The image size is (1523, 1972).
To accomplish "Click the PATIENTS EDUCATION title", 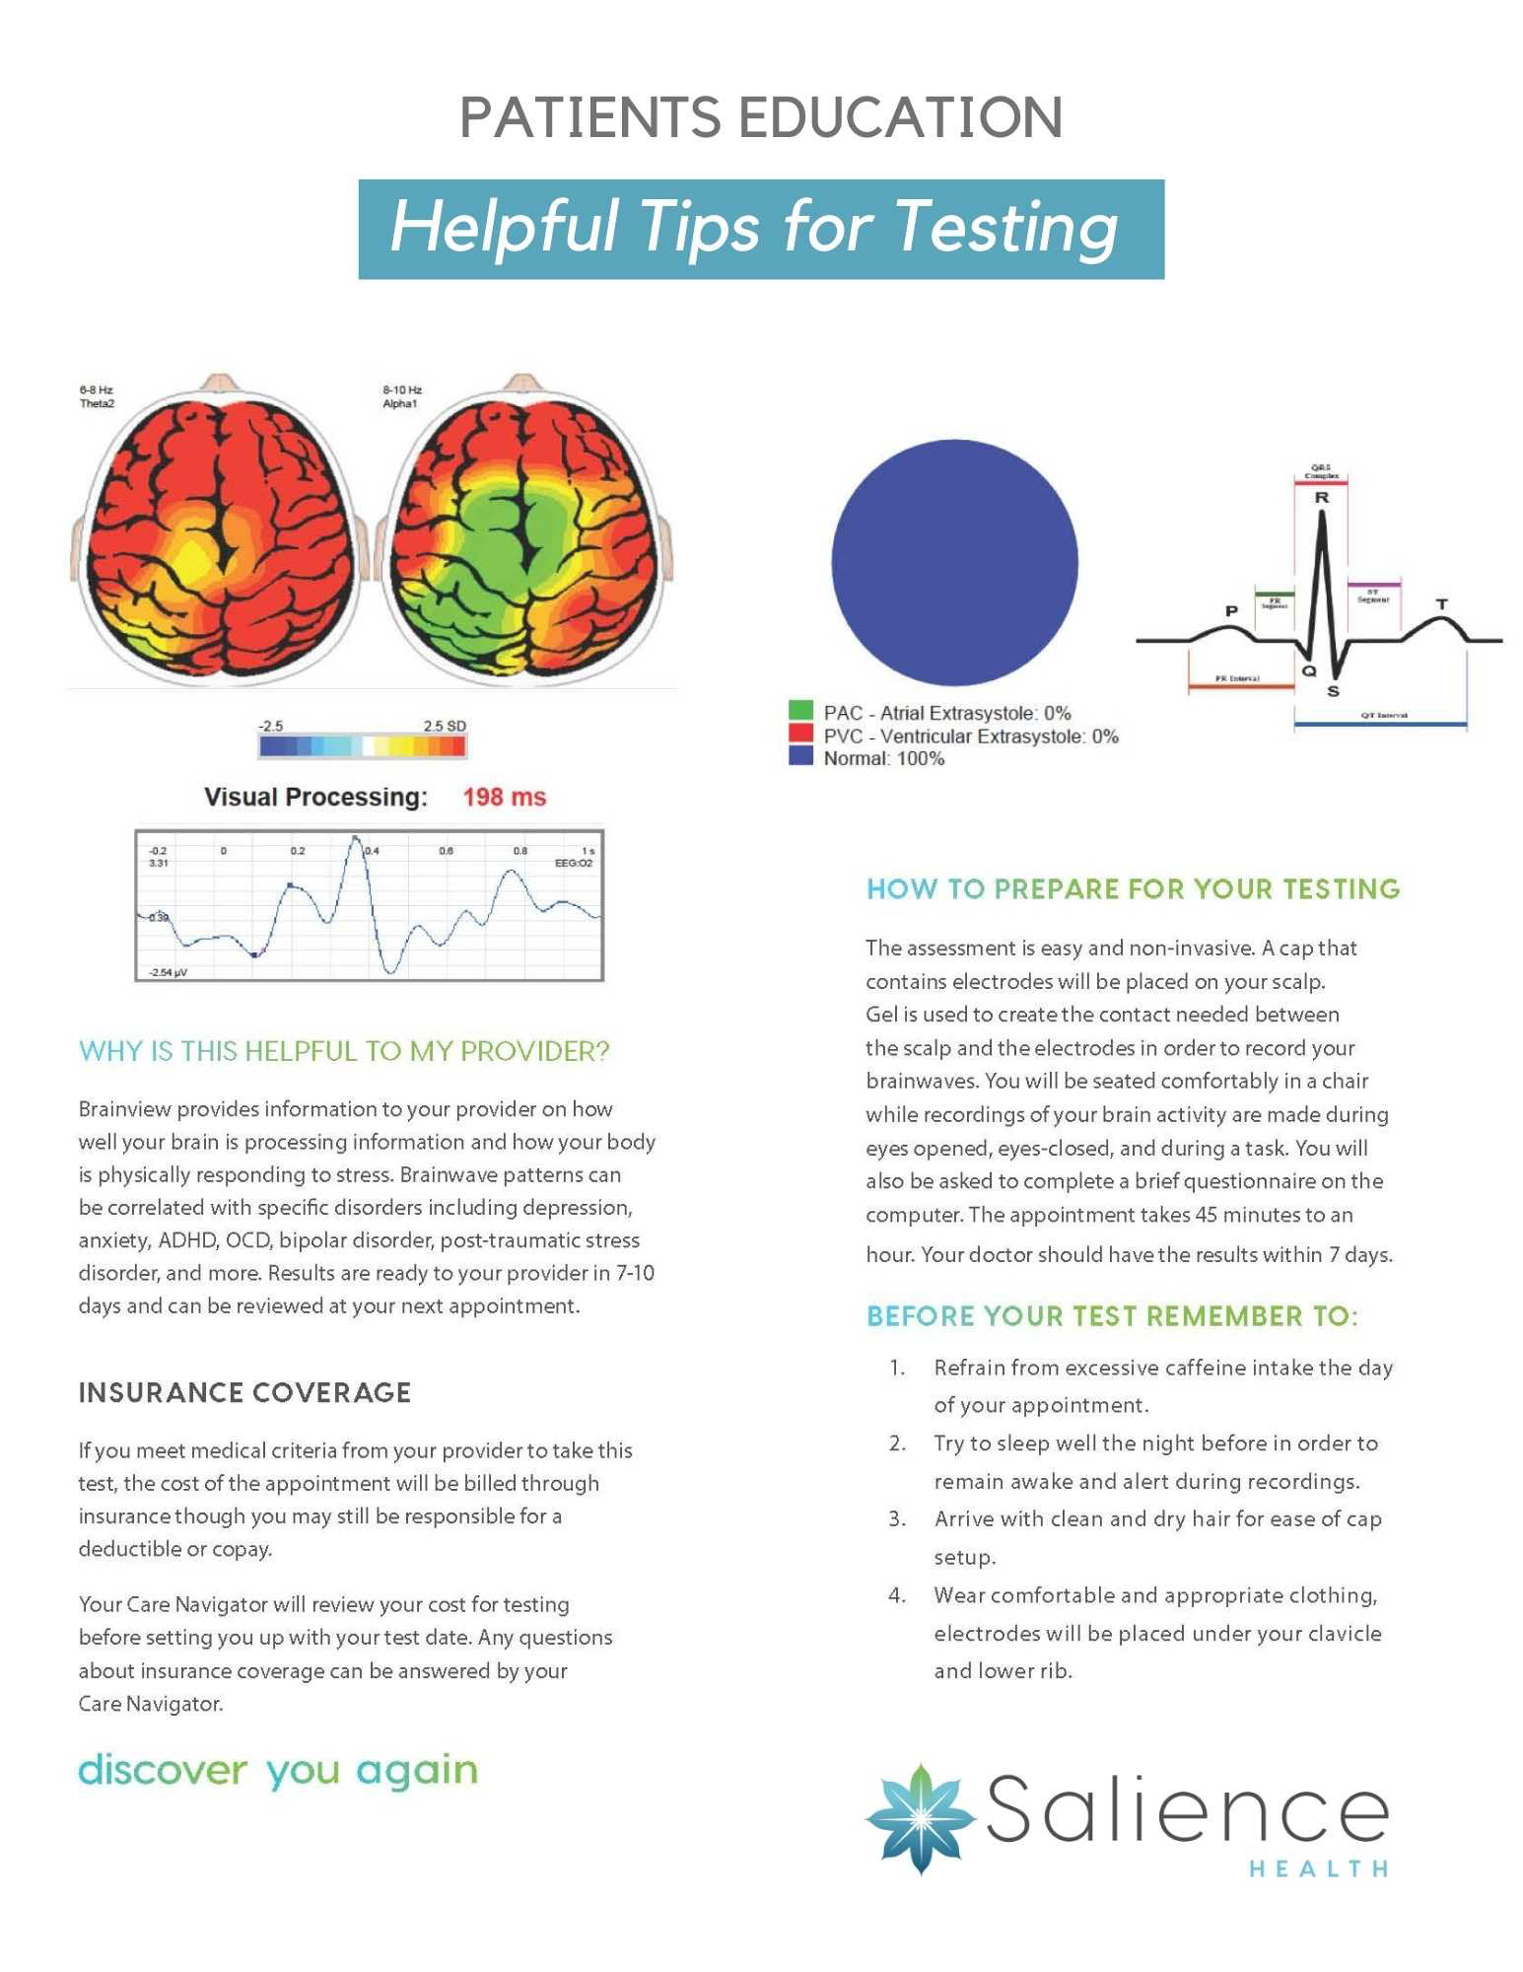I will pyautogui.click(x=761, y=117).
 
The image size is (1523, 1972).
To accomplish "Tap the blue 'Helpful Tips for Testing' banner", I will pyautogui.click(x=761, y=229).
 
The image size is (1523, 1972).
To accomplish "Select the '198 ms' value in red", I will pyautogui.click(x=504, y=797).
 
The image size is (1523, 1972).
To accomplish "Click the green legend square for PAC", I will pyautogui.click(x=800, y=711).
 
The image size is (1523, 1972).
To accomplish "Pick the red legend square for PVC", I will pyautogui.click(x=800, y=734).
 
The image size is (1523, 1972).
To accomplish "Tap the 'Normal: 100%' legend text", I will pyautogui.click(x=883, y=758).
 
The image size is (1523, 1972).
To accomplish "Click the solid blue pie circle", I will pyautogui.click(x=954, y=562).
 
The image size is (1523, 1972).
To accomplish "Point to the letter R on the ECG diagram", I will pyautogui.click(x=1321, y=498).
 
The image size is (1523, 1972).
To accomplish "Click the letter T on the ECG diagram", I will pyautogui.click(x=1441, y=603).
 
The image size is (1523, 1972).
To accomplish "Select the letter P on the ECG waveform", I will pyautogui.click(x=1231, y=611).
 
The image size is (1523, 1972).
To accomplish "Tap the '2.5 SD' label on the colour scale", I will pyautogui.click(x=445, y=726).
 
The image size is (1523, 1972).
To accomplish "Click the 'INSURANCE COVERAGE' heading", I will pyautogui.click(x=244, y=1392).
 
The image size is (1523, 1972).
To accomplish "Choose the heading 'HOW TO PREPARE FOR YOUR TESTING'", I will pyautogui.click(x=1133, y=888).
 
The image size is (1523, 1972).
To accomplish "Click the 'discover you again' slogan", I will pyautogui.click(x=278, y=1770).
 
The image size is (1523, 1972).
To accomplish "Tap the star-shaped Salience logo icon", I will pyautogui.click(x=920, y=1817).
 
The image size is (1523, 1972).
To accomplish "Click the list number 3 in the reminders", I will pyautogui.click(x=896, y=1518).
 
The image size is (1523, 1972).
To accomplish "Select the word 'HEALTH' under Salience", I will pyautogui.click(x=1318, y=1868).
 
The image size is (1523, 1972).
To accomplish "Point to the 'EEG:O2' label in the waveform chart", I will pyautogui.click(x=573, y=863).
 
